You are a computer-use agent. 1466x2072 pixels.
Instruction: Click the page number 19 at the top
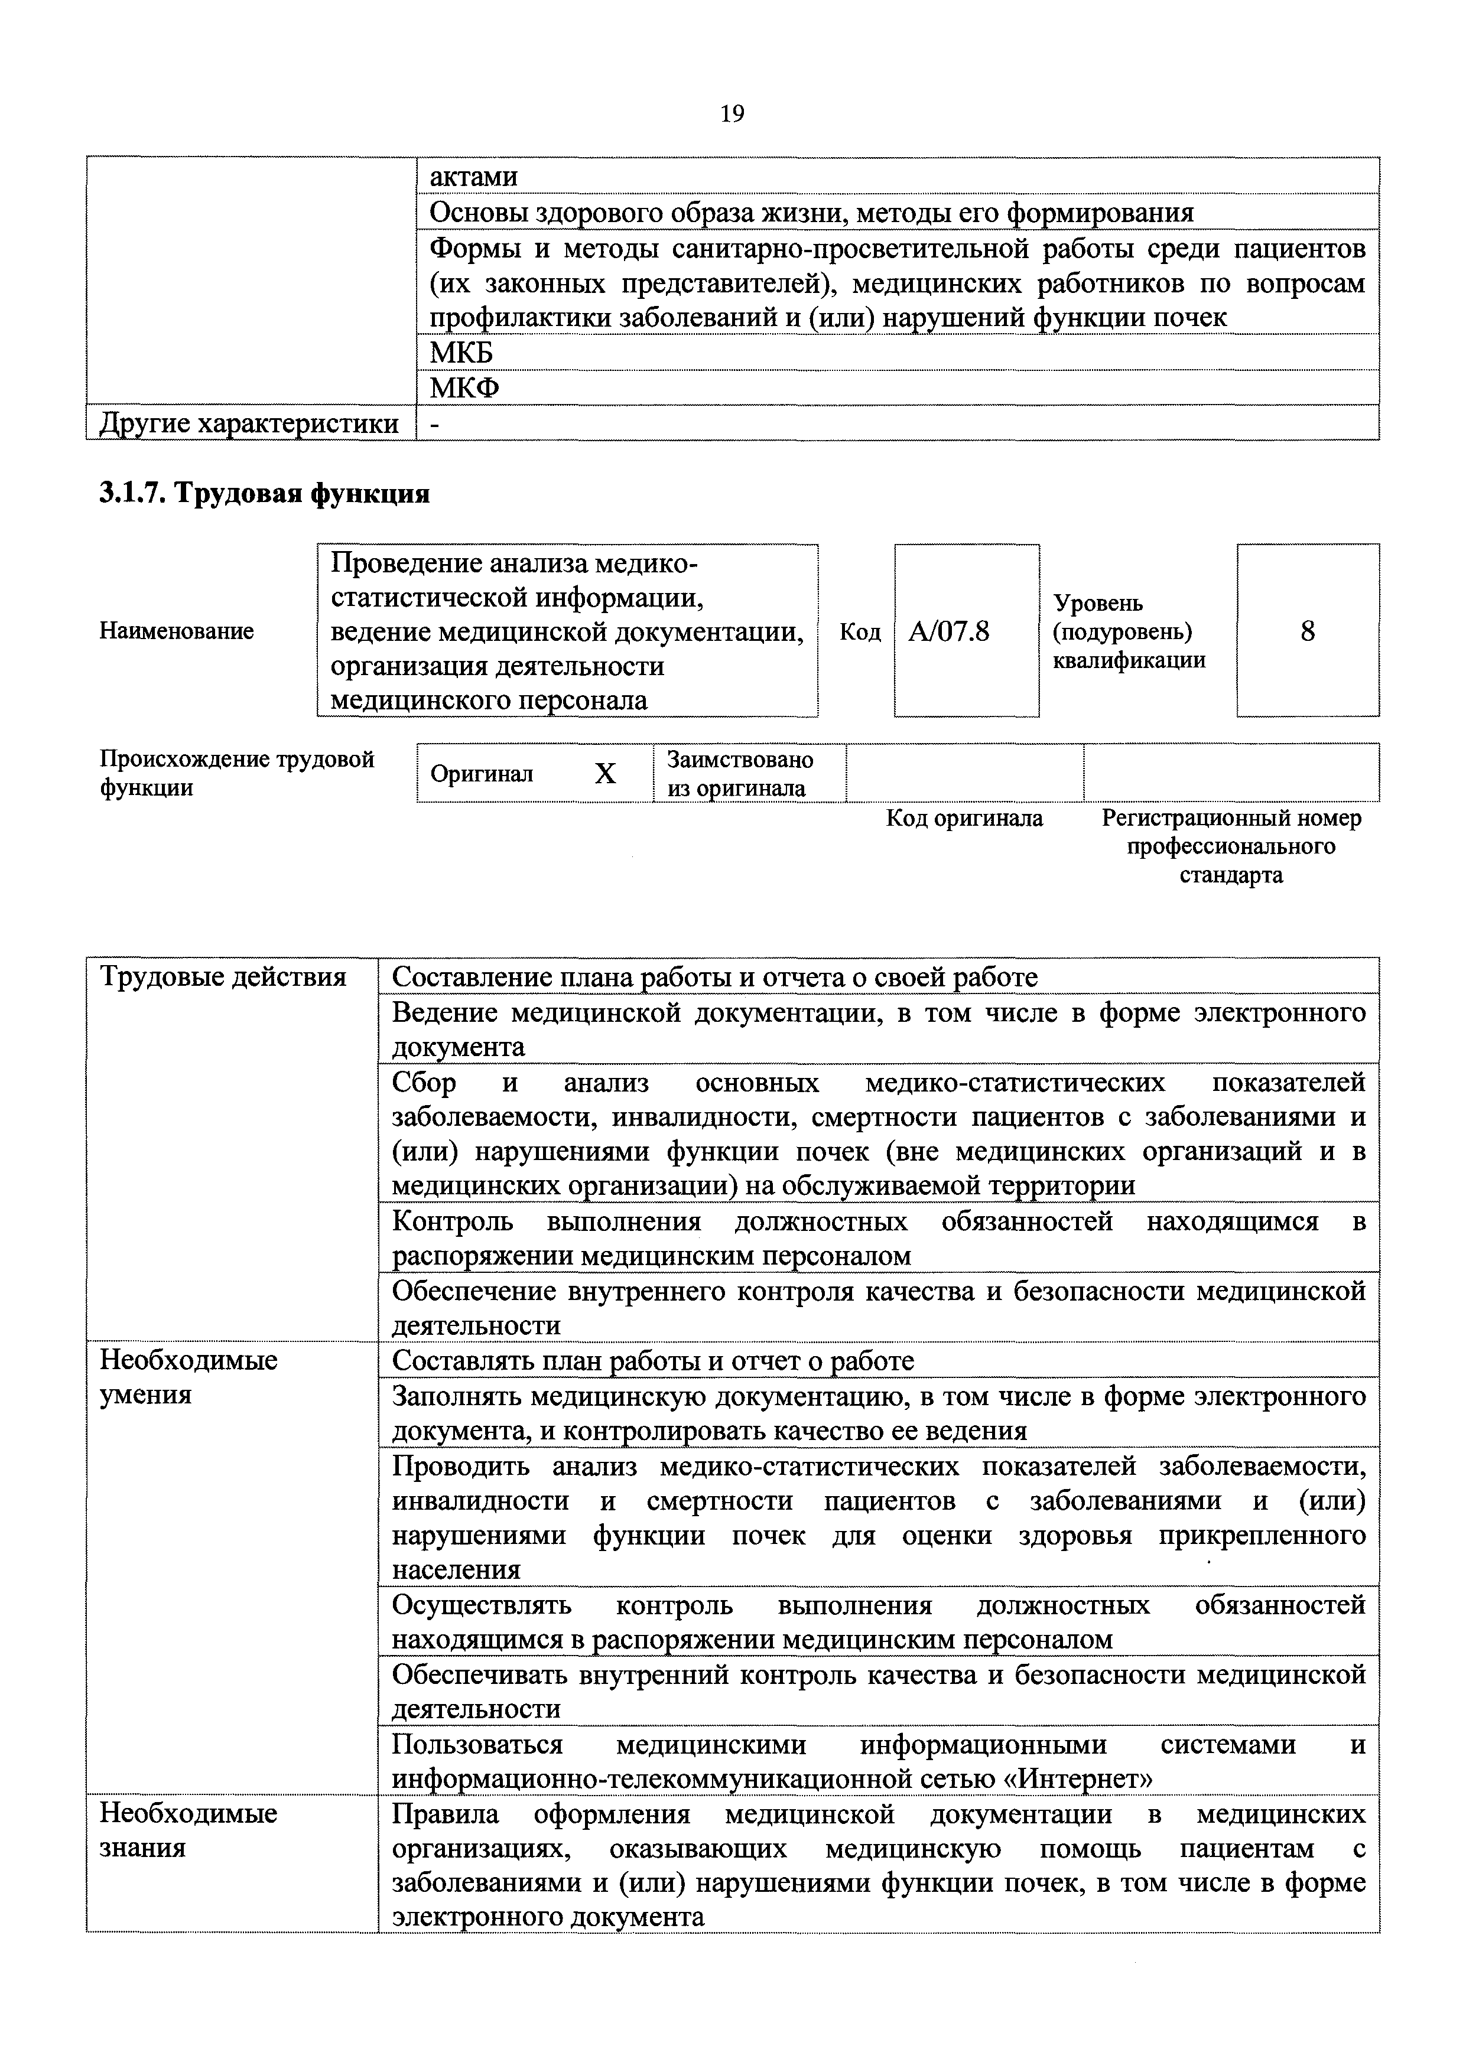[x=732, y=114]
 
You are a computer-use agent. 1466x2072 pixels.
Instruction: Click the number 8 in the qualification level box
[x=1307, y=631]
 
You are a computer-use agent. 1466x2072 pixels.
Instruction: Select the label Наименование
[x=176, y=631]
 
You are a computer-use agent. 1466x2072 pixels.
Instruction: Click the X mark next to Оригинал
[x=605, y=773]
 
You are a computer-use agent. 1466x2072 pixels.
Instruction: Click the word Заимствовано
[x=739, y=760]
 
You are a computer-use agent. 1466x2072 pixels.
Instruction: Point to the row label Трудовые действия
[x=223, y=976]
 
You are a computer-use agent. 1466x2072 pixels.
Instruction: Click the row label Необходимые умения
[x=188, y=1376]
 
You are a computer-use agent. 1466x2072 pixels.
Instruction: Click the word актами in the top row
[x=473, y=177]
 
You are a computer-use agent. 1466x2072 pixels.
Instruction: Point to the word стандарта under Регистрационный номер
[x=1230, y=875]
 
